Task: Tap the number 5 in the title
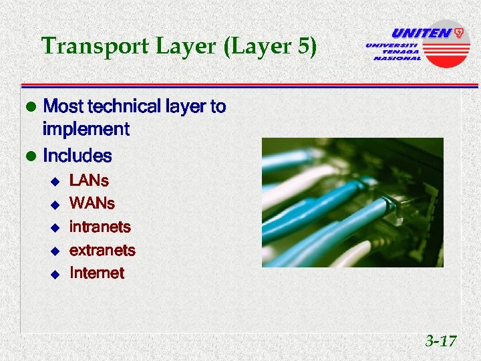[x=305, y=46]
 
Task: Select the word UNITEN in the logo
[x=422, y=33]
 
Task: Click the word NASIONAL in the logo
[x=397, y=58]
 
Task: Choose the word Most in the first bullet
[x=64, y=106]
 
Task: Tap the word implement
[x=86, y=128]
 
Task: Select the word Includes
[x=77, y=156]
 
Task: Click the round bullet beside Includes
[x=29, y=157]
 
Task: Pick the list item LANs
[x=89, y=180]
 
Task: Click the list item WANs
[x=92, y=203]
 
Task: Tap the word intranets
[x=100, y=227]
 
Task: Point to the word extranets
[x=102, y=250]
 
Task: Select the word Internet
[x=96, y=273]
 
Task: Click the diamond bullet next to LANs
[x=55, y=181]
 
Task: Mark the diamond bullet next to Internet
[x=55, y=273]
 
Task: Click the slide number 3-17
[x=441, y=342]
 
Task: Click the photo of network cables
[x=352, y=203]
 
